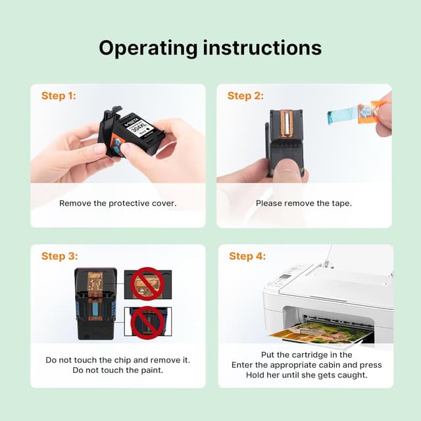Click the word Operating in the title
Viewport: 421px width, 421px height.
click(148, 49)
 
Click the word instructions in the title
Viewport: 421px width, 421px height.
click(262, 47)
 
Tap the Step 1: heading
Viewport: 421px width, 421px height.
click(59, 96)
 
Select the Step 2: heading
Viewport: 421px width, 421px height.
click(245, 96)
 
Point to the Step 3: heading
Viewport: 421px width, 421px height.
click(60, 256)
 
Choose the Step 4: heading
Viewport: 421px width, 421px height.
click(247, 256)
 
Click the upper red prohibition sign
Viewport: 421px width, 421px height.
click(147, 284)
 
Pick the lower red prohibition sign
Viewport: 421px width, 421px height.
click(147, 323)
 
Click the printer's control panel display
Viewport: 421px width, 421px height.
click(284, 277)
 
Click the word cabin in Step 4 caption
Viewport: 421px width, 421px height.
click(330, 365)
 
